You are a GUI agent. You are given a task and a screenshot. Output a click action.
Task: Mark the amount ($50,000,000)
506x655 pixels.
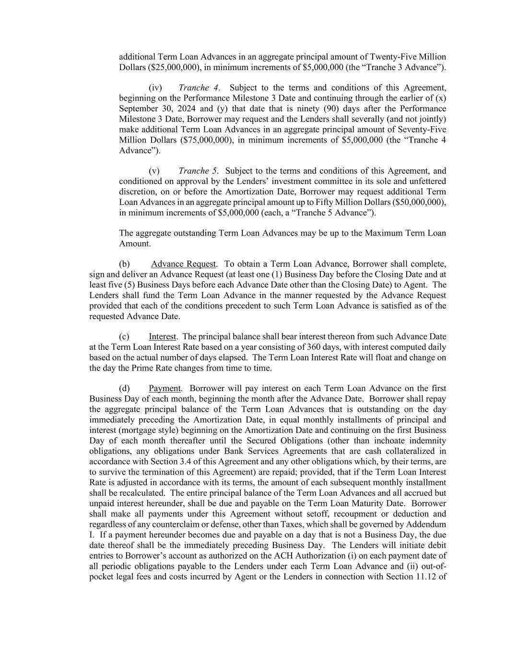[x=419, y=202]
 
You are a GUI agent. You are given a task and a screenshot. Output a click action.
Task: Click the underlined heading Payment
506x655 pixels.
[x=165, y=389]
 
